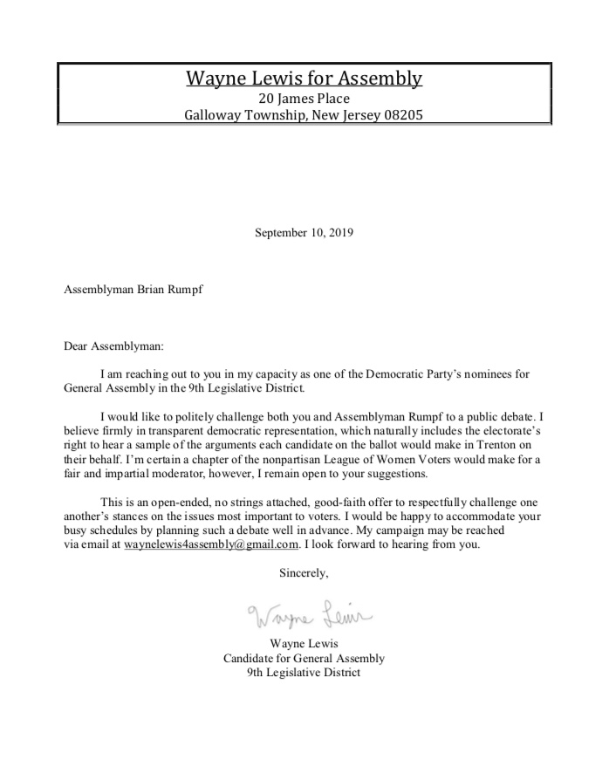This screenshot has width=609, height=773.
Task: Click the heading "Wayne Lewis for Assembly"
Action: point(304,79)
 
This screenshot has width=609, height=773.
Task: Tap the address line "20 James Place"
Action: point(304,99)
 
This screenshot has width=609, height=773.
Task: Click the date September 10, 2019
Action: point(304,233)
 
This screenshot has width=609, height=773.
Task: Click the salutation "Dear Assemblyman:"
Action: point(113,345)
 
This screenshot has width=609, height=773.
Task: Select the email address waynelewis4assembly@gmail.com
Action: point(212,544)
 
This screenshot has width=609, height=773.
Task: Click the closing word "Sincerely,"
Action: point(304,573)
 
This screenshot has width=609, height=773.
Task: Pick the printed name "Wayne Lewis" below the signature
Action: point(304,645)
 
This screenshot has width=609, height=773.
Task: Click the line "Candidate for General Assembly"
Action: point(304,659)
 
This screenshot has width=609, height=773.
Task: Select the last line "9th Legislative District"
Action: point(304,673)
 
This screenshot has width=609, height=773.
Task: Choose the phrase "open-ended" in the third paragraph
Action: point(187,503)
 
